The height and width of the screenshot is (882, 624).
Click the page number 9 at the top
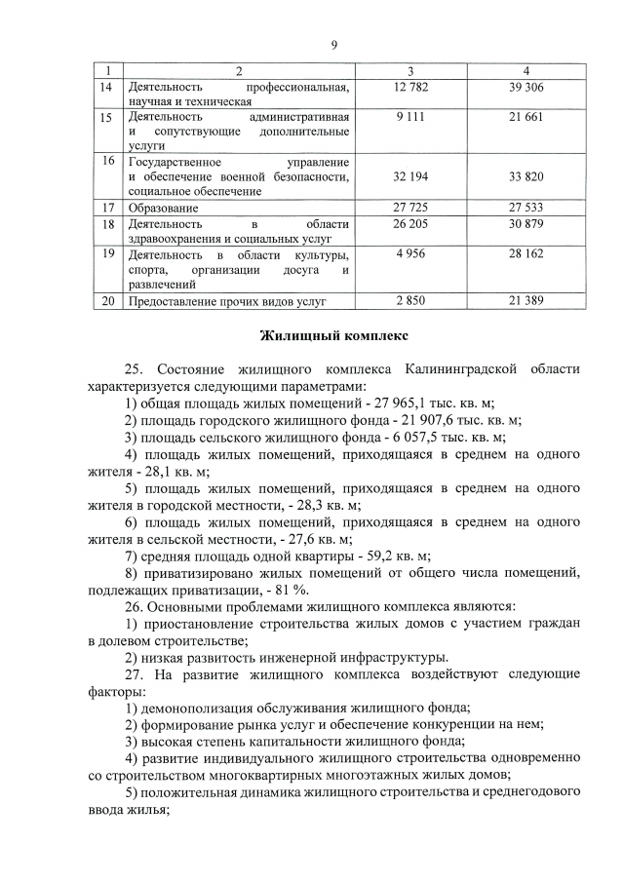[x=333, y=44]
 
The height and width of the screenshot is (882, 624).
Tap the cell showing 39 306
[x=526, y=88]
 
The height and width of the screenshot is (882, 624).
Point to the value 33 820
[x=526, y=176]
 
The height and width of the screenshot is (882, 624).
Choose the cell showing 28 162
[x=526, y=253]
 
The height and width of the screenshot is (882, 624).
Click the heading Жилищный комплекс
[x=333, y=337]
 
